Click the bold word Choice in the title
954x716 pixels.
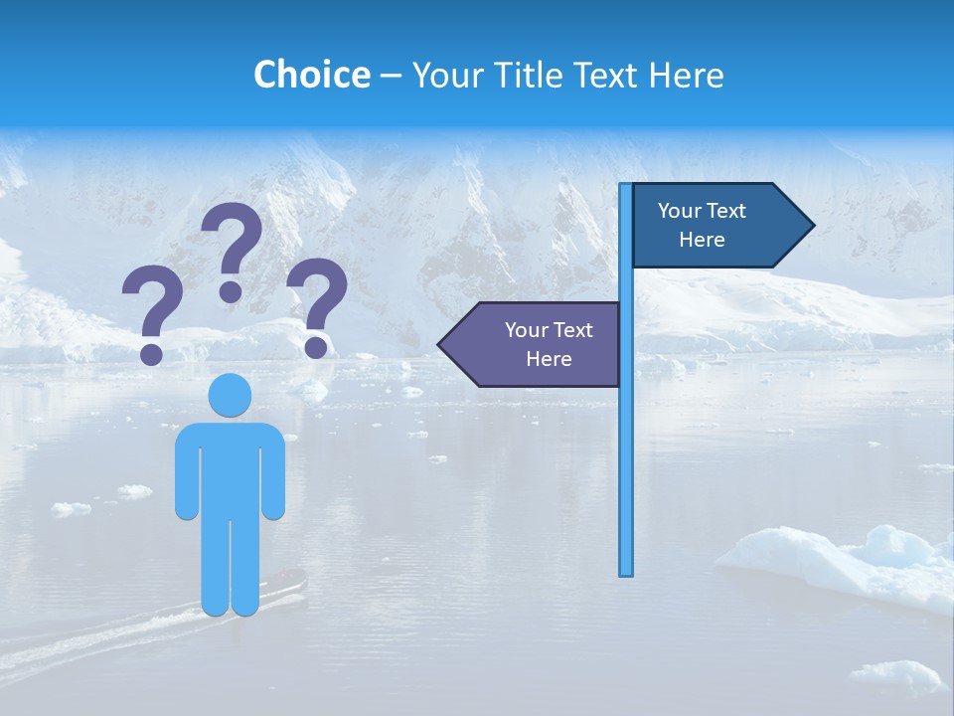[311, 75]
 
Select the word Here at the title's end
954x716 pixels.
[686, 75]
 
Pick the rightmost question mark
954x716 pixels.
[317, 304]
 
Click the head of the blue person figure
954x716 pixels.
[231, 395]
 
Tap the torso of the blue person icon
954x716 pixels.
[231, 467]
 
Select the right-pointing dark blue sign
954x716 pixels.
[715, 226]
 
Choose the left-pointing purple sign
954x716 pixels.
[537, 345]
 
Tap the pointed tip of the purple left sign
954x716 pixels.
[443, 345]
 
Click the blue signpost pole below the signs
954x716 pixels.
[626, 477]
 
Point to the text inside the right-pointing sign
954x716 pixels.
[702, 225]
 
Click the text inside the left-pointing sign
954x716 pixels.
[549, 344]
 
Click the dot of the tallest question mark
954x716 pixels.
[231, 291]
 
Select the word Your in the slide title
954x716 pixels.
[443, 75]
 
